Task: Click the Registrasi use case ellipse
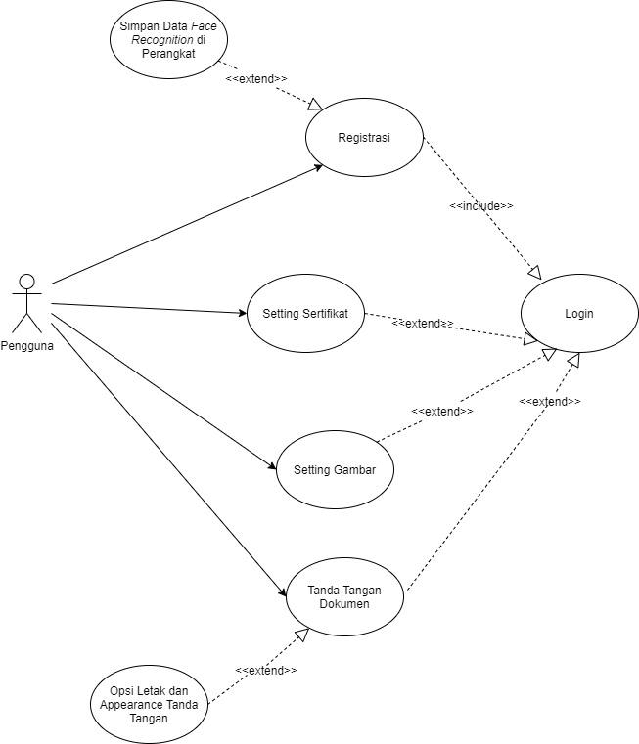click(364, 138)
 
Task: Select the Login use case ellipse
click(578, 314)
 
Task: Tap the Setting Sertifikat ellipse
click(305, 314)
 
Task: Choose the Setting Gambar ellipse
click(335, 470)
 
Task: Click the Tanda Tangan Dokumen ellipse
click(343, 597)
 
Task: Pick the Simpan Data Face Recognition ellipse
click(167, 40)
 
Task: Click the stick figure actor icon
click(27, 304)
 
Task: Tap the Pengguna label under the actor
click(27, 345)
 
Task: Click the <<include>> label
click(480, 206)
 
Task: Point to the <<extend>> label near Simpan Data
click(255, 78)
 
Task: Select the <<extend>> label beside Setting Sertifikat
click(423, 324)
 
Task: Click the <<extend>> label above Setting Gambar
click(442, 412)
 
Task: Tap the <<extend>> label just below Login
click(549, 402)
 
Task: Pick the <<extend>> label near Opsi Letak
click(265, 670)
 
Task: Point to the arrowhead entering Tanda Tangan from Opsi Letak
click(302, 635)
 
